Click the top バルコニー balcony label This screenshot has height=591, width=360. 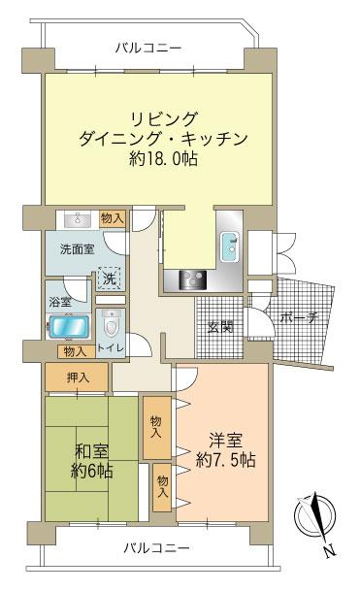point(147,47)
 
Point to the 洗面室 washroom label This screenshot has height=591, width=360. point(76,248)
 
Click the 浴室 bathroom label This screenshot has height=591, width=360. point(60,302)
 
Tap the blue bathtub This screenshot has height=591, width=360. point(70,326)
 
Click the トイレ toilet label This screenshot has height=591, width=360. point(109,351)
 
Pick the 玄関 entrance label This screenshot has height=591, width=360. point(219,327)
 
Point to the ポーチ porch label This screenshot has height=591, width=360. point(299,317)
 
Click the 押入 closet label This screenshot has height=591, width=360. point(80,376)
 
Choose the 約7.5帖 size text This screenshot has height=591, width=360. point(224,460)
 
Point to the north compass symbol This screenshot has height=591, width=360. point(320,517)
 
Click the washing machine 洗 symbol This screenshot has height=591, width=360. point(110,278)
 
